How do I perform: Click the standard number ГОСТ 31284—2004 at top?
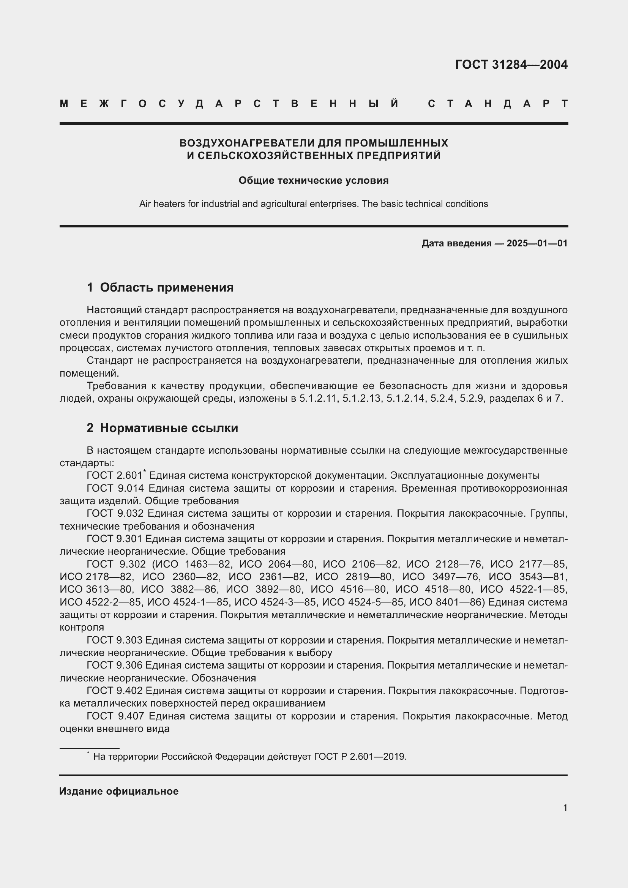511,64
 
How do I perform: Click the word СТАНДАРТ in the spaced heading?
498,104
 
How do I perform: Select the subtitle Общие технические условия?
313,180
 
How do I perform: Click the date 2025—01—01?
537,243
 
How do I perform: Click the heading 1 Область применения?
160,287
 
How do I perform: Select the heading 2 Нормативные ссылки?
163,428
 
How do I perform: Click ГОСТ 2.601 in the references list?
114,475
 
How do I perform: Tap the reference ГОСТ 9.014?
115,488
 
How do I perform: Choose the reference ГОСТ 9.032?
115,513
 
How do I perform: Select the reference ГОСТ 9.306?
115,665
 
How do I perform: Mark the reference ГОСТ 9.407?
115,716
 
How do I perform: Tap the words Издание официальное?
119,791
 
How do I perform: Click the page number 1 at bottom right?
565,808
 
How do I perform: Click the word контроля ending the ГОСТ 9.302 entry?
82,627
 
